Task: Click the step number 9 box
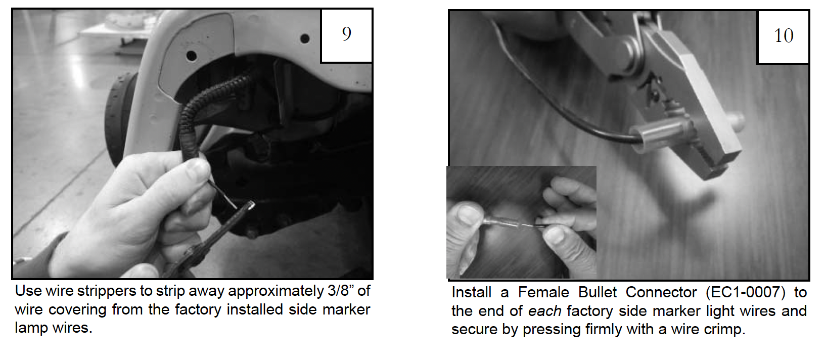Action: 346,35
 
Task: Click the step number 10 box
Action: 783,37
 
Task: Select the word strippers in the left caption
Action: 107,292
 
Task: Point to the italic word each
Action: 544,311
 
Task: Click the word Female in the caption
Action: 543,293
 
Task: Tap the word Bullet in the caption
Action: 597,293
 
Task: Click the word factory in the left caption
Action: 198,310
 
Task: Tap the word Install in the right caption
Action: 472,293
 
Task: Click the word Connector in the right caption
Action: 661,293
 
